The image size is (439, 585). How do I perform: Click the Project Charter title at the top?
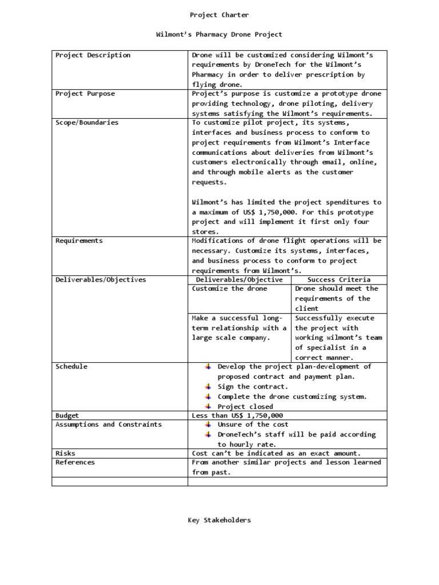(x=219, y=15)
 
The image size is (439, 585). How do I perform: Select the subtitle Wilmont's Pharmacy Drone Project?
(x=219, y=35)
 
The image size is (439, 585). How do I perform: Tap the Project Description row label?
(x=93, y=55)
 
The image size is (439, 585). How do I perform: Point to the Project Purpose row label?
(x=85, y=94)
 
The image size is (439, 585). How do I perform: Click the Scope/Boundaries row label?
(x=87, y=123)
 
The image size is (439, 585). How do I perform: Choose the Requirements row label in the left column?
(x=79, y=241)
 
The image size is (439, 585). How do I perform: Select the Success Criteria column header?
(x=338, y=280)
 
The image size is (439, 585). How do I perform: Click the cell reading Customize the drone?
(x=229, y=289)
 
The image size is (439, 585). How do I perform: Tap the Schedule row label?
(x=71, y=367)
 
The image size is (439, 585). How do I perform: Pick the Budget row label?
(x=67, y=416)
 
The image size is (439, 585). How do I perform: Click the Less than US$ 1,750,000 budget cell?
(x=237, y=416)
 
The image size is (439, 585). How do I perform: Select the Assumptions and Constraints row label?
(x=108, y=424)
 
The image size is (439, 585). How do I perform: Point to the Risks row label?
(x=65, y=453)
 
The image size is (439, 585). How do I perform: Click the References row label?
(x=75, y=462)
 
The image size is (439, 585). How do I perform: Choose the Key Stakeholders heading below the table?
(x=219, y=520)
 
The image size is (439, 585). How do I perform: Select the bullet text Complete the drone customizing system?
(x=292, y=396)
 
